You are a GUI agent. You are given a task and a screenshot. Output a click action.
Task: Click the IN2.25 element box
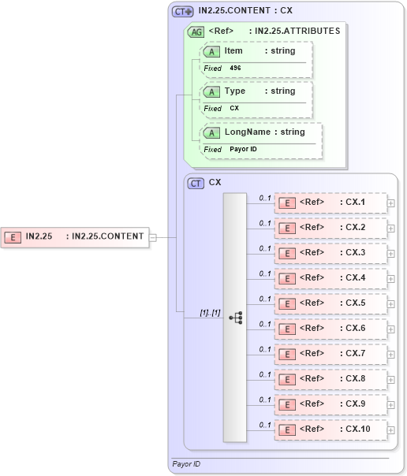75,236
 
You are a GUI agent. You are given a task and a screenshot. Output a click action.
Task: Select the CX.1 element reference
330,203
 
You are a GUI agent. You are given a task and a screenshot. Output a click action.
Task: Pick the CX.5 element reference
330,303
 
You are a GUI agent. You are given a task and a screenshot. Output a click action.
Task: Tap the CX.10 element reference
330,430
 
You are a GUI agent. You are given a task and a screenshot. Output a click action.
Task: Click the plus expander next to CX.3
391,254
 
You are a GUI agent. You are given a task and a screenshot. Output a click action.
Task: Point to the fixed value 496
236,69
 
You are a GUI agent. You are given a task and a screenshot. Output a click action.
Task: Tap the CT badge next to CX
196,183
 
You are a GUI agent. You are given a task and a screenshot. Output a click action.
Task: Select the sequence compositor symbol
235,317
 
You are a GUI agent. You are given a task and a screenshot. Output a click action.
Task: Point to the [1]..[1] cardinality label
210,313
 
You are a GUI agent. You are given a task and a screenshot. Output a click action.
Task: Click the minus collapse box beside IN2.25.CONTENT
153,236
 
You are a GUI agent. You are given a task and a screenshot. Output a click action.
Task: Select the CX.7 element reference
330,354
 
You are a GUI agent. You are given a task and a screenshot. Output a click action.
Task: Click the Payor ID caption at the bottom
186,464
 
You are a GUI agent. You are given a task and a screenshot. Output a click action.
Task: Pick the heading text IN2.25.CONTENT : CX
246,11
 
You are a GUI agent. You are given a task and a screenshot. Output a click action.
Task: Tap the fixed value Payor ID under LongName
243,149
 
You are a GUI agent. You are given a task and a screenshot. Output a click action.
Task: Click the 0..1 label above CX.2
265,223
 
